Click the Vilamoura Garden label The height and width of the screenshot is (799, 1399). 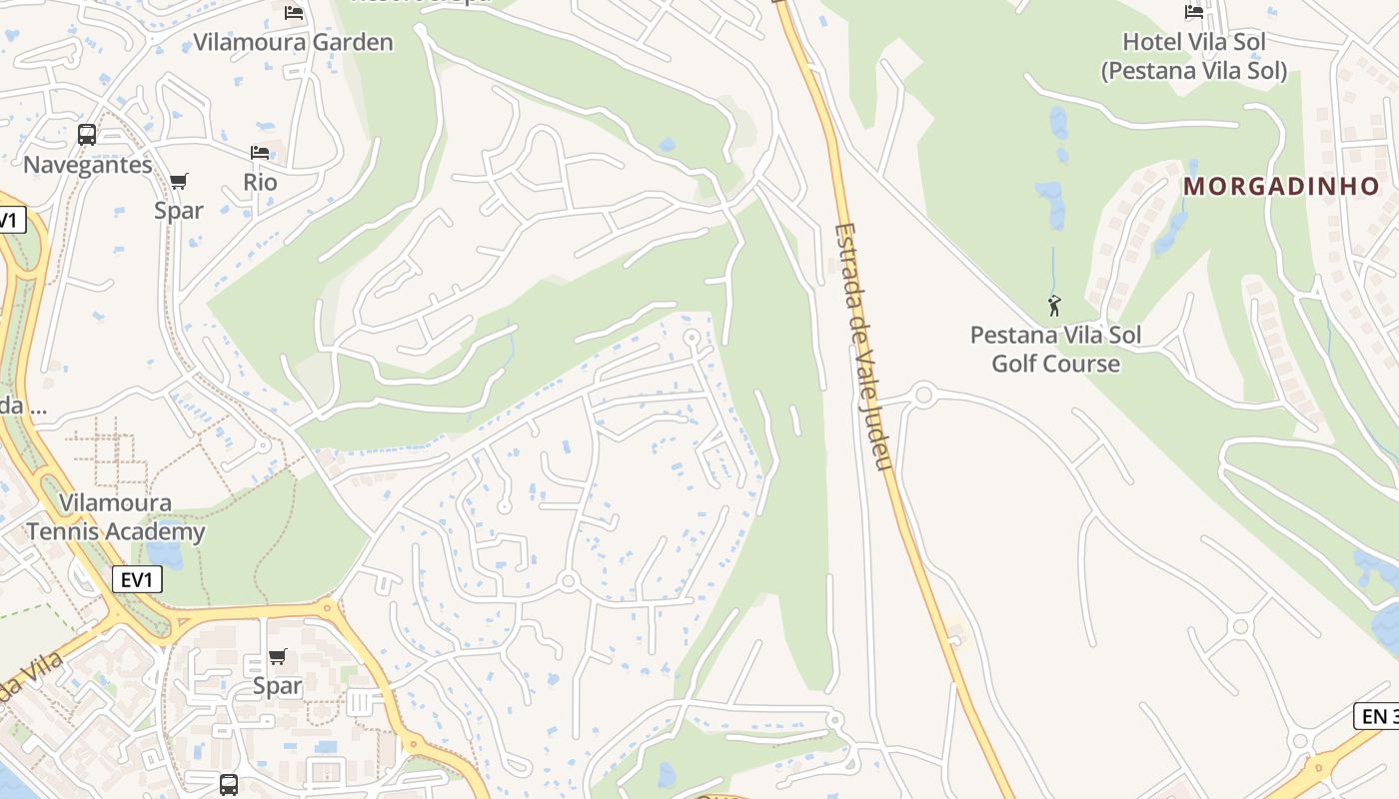click(x=293, y=42)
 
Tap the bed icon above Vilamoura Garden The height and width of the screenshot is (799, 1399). click(x=294, y=12)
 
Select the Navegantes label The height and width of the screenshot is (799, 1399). click(x=88, y=165)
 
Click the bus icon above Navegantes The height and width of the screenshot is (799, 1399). click(x=87, y=135)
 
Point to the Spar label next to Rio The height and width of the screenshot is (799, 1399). click(x=179, y=210)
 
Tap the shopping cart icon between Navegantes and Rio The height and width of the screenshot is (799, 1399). click(x=179, y=181)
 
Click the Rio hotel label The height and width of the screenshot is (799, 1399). click(x=260, y=183)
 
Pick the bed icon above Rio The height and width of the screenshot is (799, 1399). click(x=260, y=153)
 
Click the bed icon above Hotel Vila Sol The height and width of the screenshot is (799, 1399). click(x=1194, y=12)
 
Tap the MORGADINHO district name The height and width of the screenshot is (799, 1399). click(x=1281, y=186)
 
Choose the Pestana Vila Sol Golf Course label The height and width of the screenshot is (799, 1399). click(x=1055, y=349)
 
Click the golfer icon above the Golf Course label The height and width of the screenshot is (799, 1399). click(x=1054, y=306)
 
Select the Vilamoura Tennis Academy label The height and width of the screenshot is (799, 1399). click(x=116, y=516)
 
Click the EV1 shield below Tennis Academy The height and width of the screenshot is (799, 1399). click(x=137, y=579)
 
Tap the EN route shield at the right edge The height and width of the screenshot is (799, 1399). click(x=1377, y=715)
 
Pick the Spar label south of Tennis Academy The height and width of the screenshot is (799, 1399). click(x=277, y=686)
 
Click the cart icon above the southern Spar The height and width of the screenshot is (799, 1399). click(x=277, y=656)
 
